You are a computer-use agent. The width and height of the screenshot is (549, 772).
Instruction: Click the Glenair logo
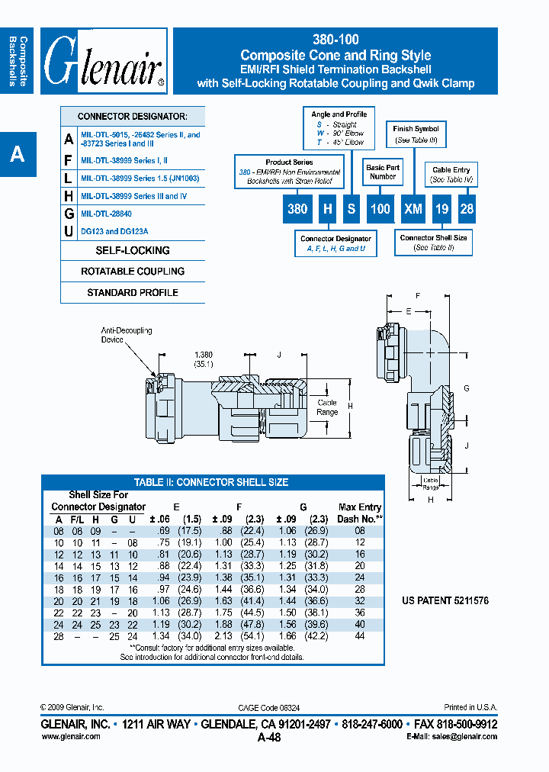[104, 62]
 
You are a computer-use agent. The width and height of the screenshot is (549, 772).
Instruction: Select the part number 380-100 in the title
[335, 40]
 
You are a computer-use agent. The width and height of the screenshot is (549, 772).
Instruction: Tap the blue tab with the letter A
[18, 154]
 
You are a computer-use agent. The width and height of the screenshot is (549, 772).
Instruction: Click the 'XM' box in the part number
[413, 208]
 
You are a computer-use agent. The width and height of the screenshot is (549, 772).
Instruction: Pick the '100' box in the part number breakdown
[380, 208]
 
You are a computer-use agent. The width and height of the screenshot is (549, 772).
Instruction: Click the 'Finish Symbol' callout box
[416, 134]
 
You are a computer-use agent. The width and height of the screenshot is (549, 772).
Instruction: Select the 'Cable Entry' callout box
[451, 175]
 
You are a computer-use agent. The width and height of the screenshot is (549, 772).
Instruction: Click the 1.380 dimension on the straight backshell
[204, 355]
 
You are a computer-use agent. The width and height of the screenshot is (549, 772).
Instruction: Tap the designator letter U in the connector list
[69, 231]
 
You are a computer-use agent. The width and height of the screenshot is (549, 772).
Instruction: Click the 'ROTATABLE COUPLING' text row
[133, 272]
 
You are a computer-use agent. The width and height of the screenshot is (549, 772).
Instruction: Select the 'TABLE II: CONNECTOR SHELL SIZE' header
[211, 482]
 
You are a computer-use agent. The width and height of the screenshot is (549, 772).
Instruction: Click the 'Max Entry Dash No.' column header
[359, 512]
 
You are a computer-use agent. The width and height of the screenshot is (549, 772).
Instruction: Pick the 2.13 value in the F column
[223, 635]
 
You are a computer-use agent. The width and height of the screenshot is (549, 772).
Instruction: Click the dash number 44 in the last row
[359, 635]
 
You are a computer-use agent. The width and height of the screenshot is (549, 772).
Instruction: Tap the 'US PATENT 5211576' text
[445, 601]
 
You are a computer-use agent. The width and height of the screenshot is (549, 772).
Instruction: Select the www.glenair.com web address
[70, 736]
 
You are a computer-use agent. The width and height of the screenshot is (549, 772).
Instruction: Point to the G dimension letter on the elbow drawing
[467, 388]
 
